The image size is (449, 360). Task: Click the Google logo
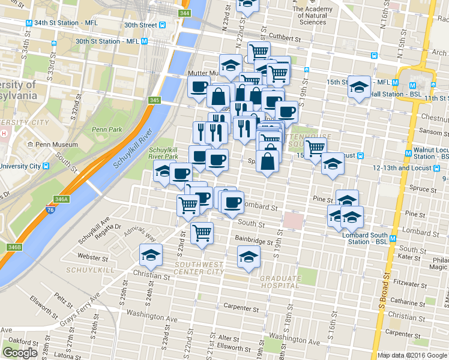[x=20, y=353]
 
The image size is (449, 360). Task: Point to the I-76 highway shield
[x=51, y=211]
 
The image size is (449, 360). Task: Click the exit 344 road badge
[x=185, y=13]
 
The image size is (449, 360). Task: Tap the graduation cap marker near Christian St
[x=151, y=256]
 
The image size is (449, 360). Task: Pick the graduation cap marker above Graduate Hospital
[x=249, y=256]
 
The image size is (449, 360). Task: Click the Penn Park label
[x=107, y=130]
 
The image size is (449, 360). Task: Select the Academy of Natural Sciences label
[x=312, y=16]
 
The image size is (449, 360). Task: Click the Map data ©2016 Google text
[x=412, y=355]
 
